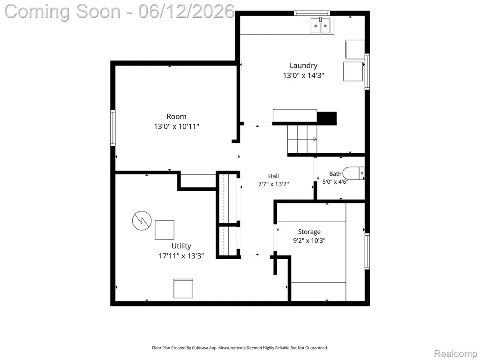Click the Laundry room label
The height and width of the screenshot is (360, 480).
pyautogui.click(x=303, y=66)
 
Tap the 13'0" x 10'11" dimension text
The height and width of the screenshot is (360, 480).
pyautogui.click(x=177, y=126)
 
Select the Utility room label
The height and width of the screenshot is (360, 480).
pyautogui.click(x=181, y=246)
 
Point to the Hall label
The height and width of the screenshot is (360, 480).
pyautogui.click(x=273, y=176)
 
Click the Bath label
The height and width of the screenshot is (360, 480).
pyautogui.click(x=335, y=174)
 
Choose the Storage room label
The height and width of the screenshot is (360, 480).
pyautogui.click(x=309, y=232)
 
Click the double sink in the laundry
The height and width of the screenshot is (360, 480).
pyautogui.click(x=321, y=26)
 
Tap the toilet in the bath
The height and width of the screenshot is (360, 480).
pyautogui.click(x=353, y=173)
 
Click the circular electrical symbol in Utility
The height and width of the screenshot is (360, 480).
pyautogui.click(x=142, y=220)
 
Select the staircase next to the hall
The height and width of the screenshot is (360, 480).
pyautogui.click(x=302, y=139)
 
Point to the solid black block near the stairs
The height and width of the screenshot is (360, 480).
pyautogui.click(x=327, y=118)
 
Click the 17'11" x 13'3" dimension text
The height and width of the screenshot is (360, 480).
pyautogui.click(x=181, y=256)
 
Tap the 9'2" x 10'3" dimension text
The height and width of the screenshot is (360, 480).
pyautogui.click(x=309, y=240)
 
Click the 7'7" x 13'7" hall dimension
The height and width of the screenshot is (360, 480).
pyautogui.click(x=273, y=184)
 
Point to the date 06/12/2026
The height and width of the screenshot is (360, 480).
pyautogui.click(x=187, y=12)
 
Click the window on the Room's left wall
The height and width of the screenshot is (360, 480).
pyautogui.click(x=112, y=127)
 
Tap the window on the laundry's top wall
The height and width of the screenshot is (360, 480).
pyautogui.click(x=312, y=13)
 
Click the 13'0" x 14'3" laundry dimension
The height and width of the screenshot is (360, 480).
pyautogui.click(x=303, y=75)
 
